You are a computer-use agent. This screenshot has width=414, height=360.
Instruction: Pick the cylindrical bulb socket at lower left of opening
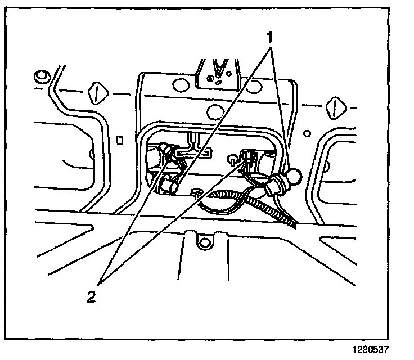click(x=168, y=183)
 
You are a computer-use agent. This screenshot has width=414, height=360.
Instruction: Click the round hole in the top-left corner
click(x=41, y=75)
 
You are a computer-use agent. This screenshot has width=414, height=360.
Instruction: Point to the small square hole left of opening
click(x=119, y=139)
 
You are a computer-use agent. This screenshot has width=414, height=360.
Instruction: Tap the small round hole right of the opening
click(x=308, y=133)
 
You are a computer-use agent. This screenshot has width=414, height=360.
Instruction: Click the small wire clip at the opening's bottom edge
click(x=197, y=193)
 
